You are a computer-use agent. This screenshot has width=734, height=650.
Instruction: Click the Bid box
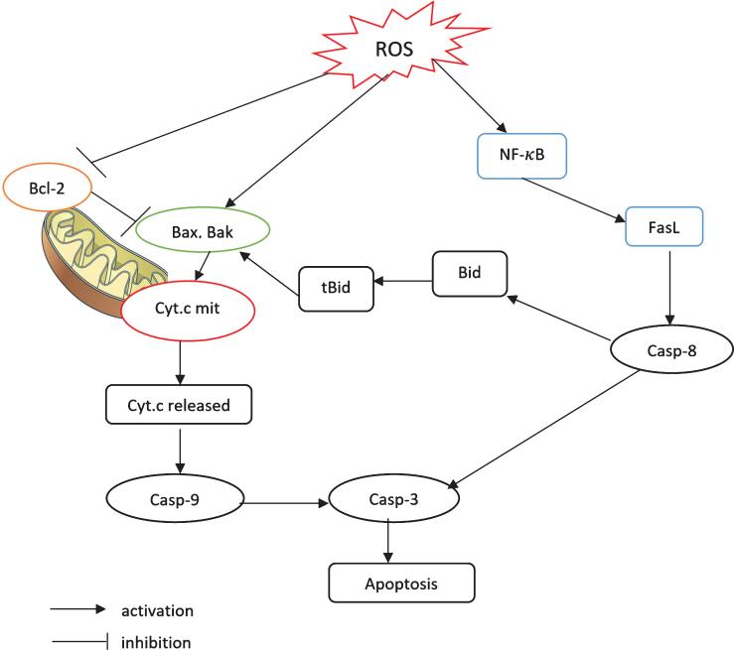(470, 273)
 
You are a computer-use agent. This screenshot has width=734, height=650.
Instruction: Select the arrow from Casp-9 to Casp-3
(283, 504)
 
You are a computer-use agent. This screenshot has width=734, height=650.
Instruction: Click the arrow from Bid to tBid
(404, 282)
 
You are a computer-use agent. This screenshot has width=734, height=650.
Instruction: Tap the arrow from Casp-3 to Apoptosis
(387, 543)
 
